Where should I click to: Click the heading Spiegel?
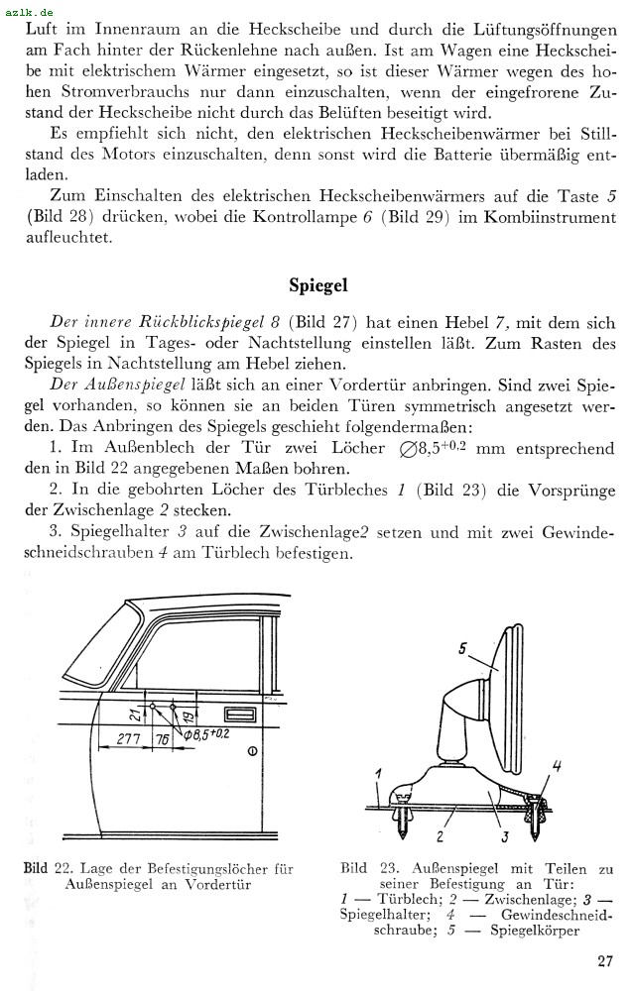pos(318,284)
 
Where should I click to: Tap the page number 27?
pos(605,960)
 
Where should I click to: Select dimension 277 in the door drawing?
pos(126,738)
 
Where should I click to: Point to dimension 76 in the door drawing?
pos(164,739)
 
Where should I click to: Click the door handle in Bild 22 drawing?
pos(240,715)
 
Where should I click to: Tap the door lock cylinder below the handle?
pos(251,752)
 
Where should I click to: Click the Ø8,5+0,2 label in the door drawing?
pos(206,734)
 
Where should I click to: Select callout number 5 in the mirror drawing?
pos(463,649)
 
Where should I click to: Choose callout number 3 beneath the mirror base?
pos(505,838)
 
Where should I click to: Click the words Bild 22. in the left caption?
pos(49,869)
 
